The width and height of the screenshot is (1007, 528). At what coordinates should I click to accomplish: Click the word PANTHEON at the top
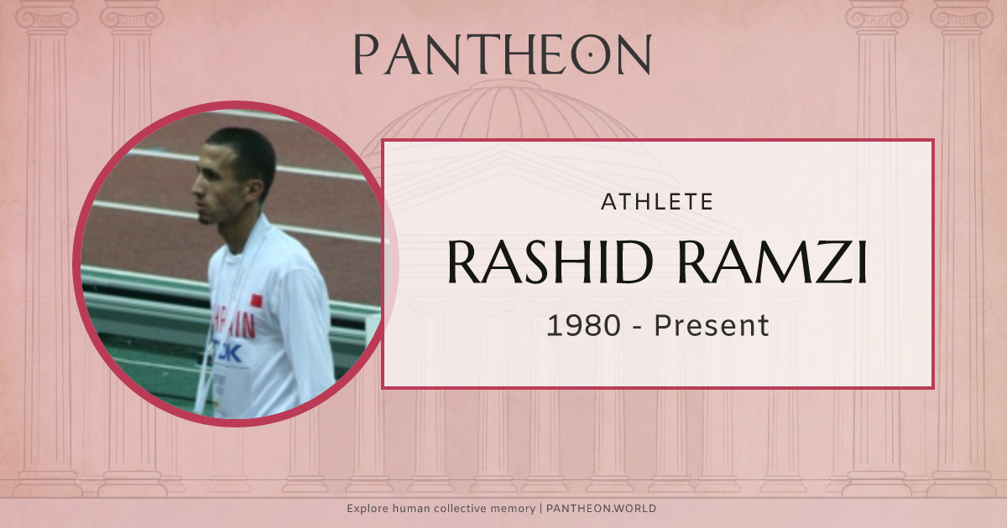pyautogui.click(x=502, y=54)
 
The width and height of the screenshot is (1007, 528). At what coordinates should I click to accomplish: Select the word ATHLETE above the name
pyautogui.click(x=658, y=202)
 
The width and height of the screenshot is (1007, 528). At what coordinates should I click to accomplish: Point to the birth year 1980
pyautogui.click(x=580, y=325)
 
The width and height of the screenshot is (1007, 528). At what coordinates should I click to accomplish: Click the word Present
pyautogui.click(x=712, y=325)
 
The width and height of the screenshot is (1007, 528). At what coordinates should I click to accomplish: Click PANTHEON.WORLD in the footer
pyautogui.click(x=601, y=509)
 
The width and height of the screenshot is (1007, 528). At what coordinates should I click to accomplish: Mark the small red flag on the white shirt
pyautogui.click(x=257, y=299)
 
